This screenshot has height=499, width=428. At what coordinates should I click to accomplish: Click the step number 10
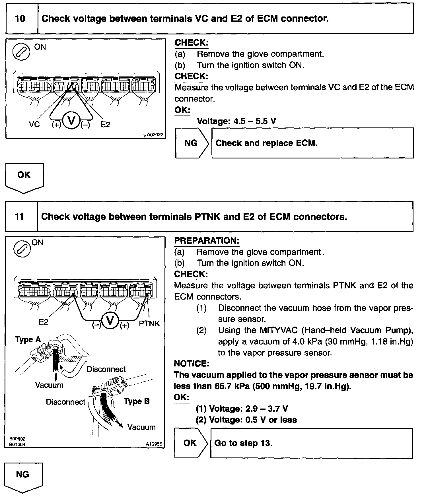coord(20,19)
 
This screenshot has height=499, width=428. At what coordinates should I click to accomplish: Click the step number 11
coord(19,217)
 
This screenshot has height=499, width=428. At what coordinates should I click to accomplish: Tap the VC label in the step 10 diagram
coord(34,125)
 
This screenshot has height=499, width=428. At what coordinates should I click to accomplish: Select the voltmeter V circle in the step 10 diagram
coord(71,121)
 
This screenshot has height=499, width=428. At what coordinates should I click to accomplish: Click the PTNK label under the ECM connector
coord(149,323)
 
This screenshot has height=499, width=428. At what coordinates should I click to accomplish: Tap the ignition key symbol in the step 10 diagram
coord(21,52)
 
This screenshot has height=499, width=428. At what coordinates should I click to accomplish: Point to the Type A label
coord(28,339)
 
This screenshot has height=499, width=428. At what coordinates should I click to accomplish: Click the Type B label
coord(137,401)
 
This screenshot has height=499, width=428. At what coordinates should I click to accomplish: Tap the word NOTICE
coord(191,364)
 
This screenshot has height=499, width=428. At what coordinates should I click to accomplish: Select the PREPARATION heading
coord(207,241)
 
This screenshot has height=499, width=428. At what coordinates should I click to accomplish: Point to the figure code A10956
coord(154,444)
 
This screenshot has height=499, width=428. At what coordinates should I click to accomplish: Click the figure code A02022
coord(155,135)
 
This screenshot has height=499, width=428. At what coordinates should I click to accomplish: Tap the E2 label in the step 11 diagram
coord(44,322)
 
